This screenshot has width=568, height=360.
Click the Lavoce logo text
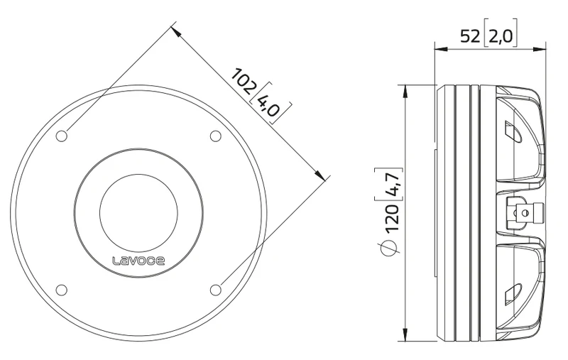click(x=138, y=261)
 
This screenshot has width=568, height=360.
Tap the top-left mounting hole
click(x=62, y=136)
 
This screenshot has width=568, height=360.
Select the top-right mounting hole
click(x=216, y=136)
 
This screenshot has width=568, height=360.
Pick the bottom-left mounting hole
click(x=62, y=290)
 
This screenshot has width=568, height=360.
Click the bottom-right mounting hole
click(x=216, y=290)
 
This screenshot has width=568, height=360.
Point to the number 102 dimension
click(x=244, y=81)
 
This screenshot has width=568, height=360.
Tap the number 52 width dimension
click(x=470, y=36)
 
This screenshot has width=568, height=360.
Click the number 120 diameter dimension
click(x=391, y=219)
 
